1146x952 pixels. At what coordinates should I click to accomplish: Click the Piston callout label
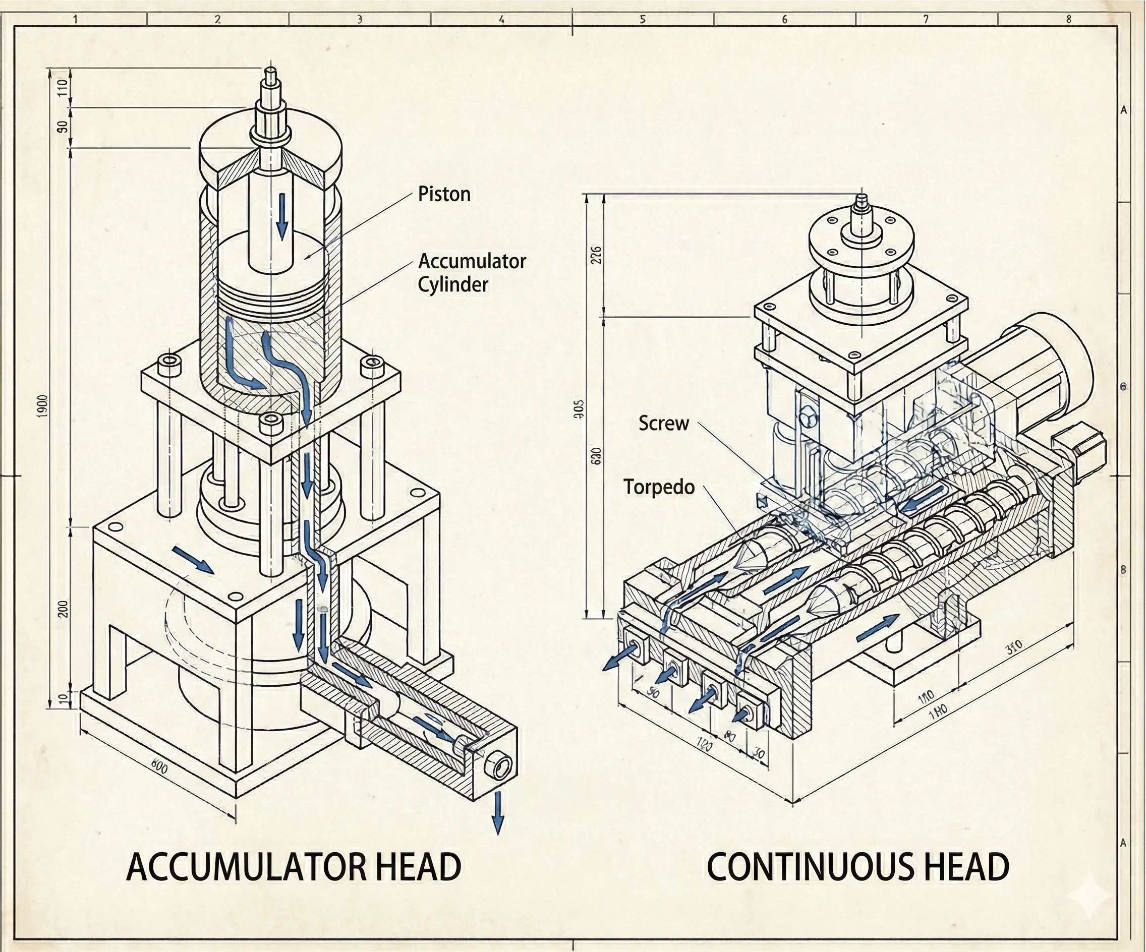tap(444, 194)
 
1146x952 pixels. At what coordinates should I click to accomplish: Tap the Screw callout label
tap(663, 424)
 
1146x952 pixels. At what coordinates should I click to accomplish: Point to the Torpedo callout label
tap(659, 487)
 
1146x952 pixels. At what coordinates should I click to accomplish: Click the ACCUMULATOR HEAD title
tap(294, 867)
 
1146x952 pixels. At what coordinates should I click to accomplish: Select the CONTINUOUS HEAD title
tap(858, 867)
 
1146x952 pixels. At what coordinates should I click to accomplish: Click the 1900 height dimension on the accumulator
tap(43, 406)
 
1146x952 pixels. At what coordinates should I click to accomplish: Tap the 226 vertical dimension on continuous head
tap(595, 255)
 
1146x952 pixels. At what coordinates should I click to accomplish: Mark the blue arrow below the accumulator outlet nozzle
tap(497, 813)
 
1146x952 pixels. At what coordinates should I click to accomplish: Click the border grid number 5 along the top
tap(642, 20)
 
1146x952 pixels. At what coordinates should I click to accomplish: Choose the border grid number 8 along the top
tap(1068, 20)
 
